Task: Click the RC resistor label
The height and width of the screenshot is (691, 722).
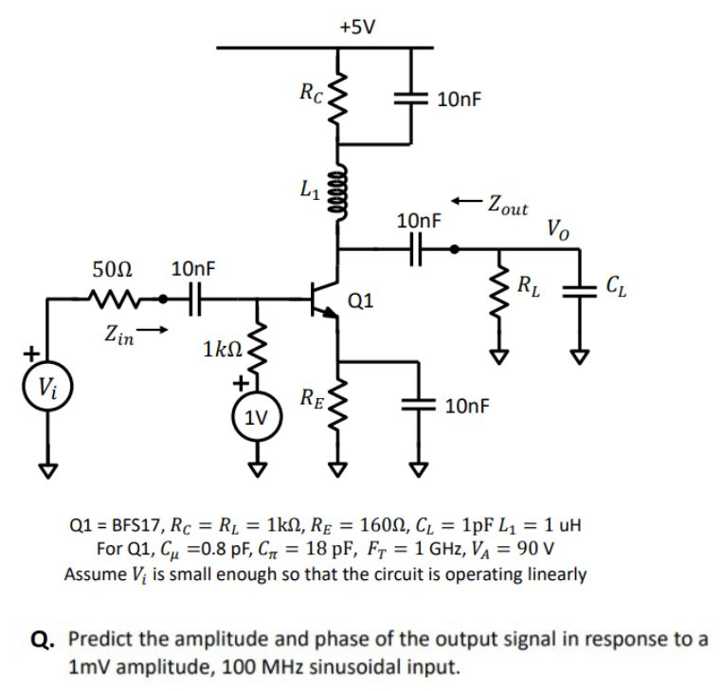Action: [x=311, y=92]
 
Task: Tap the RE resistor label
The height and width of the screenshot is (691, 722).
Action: [x=313, y=396]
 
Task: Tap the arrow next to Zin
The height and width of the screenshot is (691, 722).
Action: [x=162, y=332]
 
